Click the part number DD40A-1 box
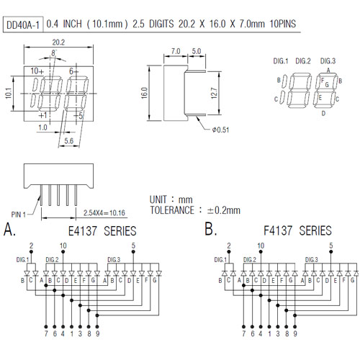click(x=23, y=24)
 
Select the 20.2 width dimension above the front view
click(x=58, y=42)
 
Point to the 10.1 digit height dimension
click(x=9, y=93)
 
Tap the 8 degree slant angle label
click(x=53, y=53)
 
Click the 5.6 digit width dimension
click(x=68, y=141)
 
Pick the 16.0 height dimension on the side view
click(x=144, y=93)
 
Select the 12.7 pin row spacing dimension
click(x=214, y=93)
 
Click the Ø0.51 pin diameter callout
click(x=220, y=130)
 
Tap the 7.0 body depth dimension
click(x=176, y=51)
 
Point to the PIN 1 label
click(x=19, y=215)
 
